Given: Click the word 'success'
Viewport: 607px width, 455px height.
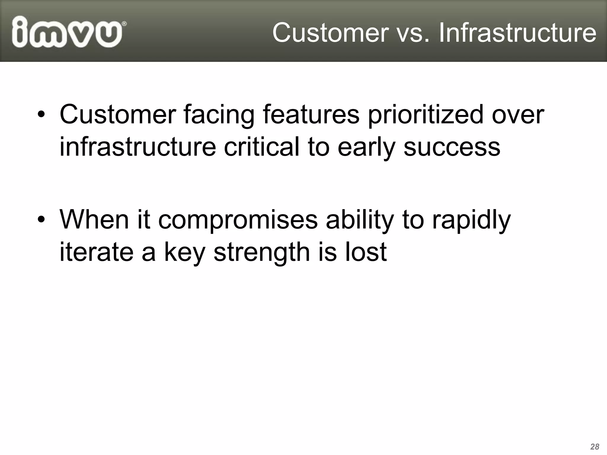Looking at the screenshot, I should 452,148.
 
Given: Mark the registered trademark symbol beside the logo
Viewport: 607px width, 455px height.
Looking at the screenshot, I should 124,24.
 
